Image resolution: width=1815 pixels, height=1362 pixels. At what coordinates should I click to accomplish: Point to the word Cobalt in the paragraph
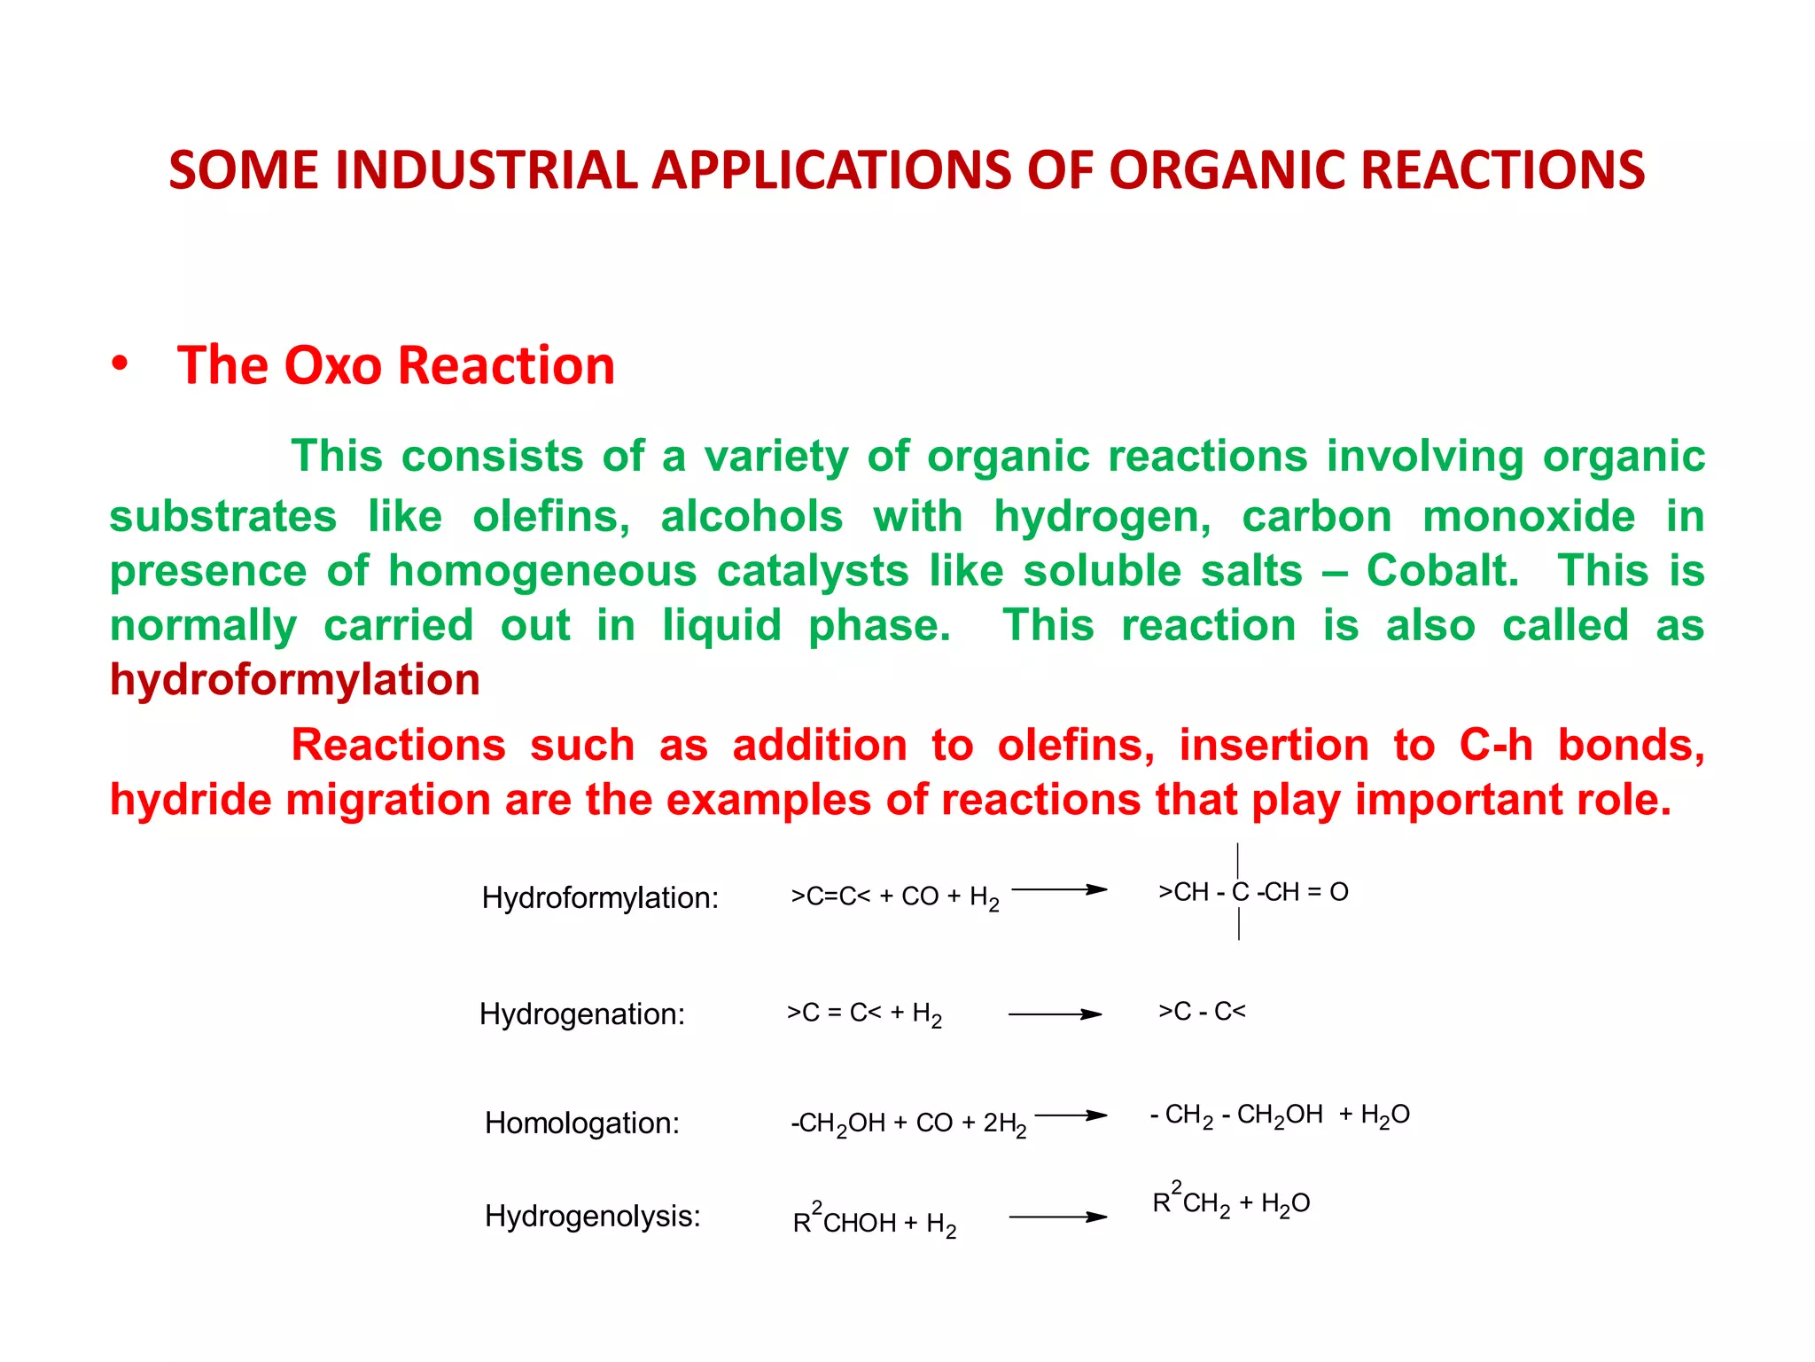[1442, 570]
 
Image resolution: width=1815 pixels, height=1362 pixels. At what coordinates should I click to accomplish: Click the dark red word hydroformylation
[294, 680]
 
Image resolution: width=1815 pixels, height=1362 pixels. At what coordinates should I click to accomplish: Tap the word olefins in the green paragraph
[550, 517]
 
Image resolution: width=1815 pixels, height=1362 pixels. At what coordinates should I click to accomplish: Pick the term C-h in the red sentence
[1496, 745]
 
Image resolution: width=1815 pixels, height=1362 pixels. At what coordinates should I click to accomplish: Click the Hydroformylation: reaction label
[600, 898]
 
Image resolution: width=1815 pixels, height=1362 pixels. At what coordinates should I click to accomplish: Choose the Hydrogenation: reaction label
[582, 1014]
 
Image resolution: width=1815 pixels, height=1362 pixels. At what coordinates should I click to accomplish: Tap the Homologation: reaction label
[582, 1123]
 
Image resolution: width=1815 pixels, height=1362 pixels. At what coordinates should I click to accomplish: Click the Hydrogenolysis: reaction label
[592, 1216]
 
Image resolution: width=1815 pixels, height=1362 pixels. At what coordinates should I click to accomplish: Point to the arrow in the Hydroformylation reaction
[1059, 889]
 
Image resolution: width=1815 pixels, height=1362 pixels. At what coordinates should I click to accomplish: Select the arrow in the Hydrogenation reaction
[1055, 1014]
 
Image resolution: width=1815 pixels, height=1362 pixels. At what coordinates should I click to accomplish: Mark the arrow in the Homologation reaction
[1071, 1115]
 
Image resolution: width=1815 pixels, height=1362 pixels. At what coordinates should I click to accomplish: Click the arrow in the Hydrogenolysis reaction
[1057, 1217]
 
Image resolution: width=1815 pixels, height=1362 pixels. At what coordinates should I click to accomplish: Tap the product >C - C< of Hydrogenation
[1202, 1011]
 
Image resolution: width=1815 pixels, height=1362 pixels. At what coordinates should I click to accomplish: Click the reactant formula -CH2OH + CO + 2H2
[908, 1123]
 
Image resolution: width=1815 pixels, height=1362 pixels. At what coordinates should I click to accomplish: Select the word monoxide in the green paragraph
[1529, 517]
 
